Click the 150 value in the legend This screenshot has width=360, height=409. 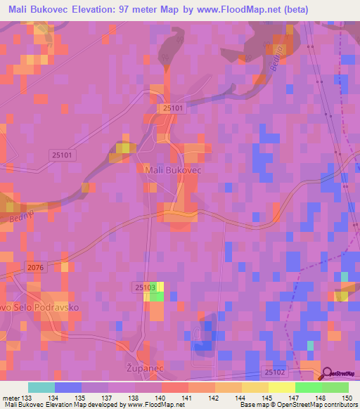pyautogui.click(x=345, y=397)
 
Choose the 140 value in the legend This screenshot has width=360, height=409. pyautogui.click(x=160, y=397)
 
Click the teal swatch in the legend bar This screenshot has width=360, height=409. pyautogui.click(x=41, y=387)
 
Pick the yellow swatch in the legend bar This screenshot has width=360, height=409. pyautogui.click(x=281, y=387)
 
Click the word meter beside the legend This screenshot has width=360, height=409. pyautogui.click(x=10, y=397)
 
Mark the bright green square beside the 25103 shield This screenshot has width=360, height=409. pyautogui.click(x=157, y=297)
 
